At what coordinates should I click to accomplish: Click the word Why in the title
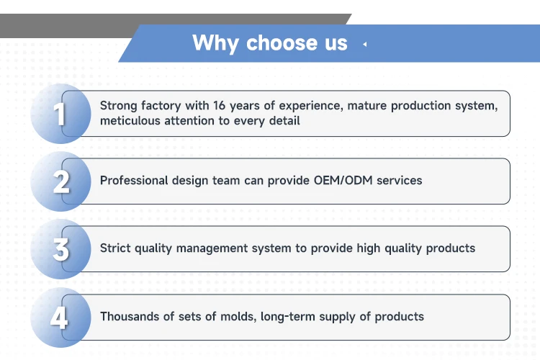click(215, 43)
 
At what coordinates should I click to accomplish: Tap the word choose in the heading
click(283, 42)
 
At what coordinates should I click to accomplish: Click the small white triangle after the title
click(365, 44)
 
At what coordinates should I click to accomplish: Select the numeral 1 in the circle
click(60, 114)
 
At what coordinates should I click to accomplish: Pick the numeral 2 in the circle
click(61, 181)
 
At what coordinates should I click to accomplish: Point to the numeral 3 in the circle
click(61, 249)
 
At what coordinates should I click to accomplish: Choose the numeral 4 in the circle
click(59, 318)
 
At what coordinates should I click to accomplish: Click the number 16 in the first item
click(219, 105)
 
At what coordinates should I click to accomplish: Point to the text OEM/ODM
click(343, 180)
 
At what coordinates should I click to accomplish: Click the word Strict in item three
click(115, 248)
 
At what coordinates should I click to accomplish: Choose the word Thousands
click(130, 316)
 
